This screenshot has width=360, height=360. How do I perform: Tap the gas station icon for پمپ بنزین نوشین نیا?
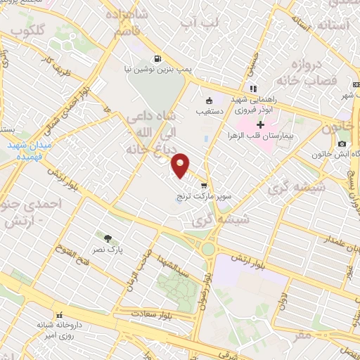(157, 59)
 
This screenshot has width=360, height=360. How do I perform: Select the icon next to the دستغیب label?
(209, 99)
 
